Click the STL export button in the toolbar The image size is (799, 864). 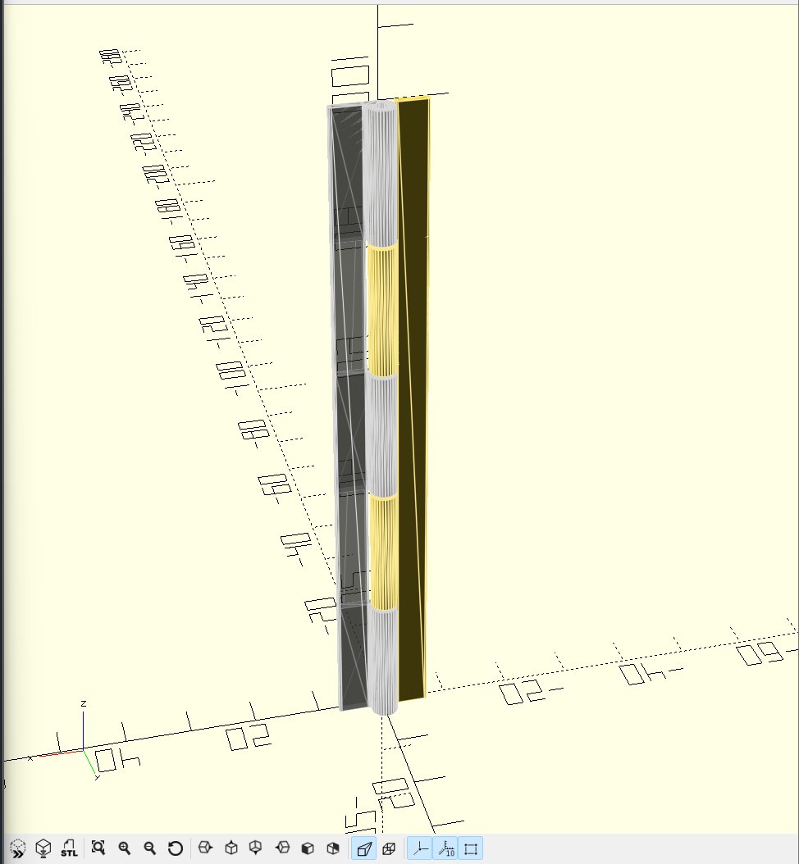[x=70, y=848]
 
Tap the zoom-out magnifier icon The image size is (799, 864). [x=149, y=848]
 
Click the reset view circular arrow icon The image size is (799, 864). [x=175, y=848]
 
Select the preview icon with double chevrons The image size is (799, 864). [x=17, y=848]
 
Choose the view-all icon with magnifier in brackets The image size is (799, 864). [x=98, y=848]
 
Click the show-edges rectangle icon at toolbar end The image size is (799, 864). [x=471, y=848]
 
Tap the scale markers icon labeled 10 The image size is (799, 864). [x=445, y=848]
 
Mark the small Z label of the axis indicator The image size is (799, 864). [x=84, y=703]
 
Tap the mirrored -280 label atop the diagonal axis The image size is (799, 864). [x=108, y=56]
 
